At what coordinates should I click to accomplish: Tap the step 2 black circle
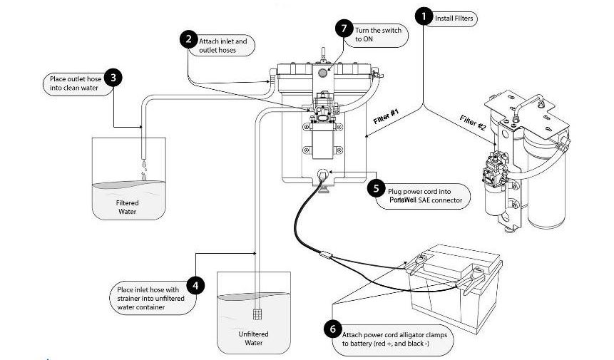coord(188,39)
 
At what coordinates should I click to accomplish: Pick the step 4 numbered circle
coord(196,285)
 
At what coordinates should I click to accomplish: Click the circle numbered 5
coord(376,189)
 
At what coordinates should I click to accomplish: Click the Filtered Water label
coord(128,207)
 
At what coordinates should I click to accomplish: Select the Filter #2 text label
coord(473,123)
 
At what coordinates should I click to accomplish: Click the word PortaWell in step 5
coord(404,201)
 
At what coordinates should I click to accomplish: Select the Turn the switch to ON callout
coord(377,34)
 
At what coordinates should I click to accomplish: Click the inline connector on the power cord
coord(325,252)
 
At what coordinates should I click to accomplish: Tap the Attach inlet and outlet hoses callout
coord(222,46)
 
